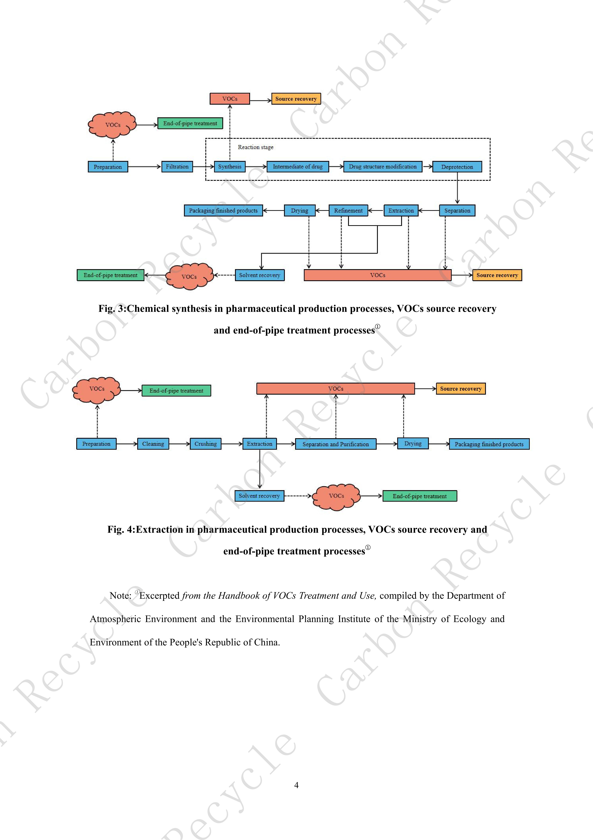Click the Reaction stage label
tap(255, 147)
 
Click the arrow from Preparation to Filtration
tap(144, 167)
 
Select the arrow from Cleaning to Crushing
tap(179, 444)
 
